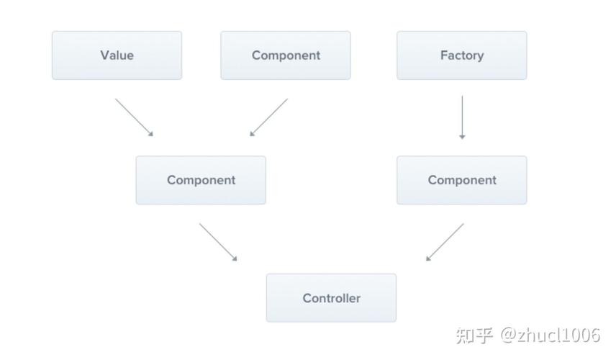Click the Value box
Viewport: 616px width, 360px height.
click(x=117, y=55)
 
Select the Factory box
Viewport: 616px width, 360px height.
click(x=461, y=55)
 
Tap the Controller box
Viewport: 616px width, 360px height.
click(x=331, y=297)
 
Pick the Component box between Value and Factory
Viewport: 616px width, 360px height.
click(x=286, y=55)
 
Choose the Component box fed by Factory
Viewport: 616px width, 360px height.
click(x=461, y=180)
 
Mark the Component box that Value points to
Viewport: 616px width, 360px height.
click(x=201, y=180)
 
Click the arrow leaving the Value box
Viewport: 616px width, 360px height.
click(x=134, y=117)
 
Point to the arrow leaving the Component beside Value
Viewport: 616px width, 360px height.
click(x=269, y=117)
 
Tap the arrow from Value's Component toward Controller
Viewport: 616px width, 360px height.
click(x=217, y=241)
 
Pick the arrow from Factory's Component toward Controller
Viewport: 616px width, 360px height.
click(x=445, y=241)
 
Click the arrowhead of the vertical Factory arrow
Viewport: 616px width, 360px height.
click(x=462, y=136)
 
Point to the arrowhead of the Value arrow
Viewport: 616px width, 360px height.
click(x=150, y=133)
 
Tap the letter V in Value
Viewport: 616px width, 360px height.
click(x=104, y=55)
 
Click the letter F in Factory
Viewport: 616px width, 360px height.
click(x=443, y=55)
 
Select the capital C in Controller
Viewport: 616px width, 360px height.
click(x=307, y=297)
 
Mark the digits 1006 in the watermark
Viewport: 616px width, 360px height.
click(x=582, y=336)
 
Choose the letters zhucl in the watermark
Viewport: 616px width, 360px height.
click(x=541, y=336)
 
